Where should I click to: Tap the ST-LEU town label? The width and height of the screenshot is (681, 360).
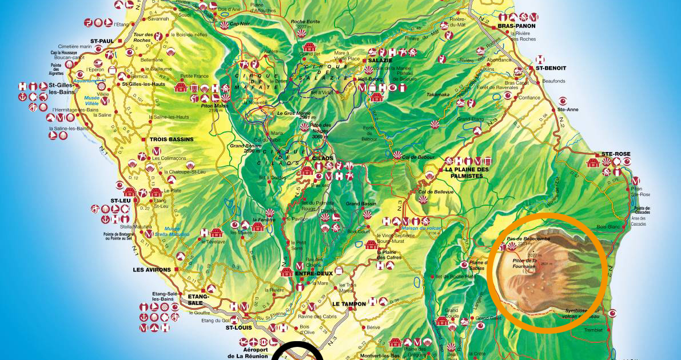click(121, 201)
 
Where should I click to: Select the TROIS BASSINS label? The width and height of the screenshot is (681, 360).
click(171, 139)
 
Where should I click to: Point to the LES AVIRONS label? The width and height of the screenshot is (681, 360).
click(150, 269)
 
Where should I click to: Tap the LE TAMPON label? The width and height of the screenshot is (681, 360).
click(349, 304)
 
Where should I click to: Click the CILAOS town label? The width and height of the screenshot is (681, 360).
click(322, 158)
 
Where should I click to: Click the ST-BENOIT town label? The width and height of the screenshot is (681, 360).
click(550, 68)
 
